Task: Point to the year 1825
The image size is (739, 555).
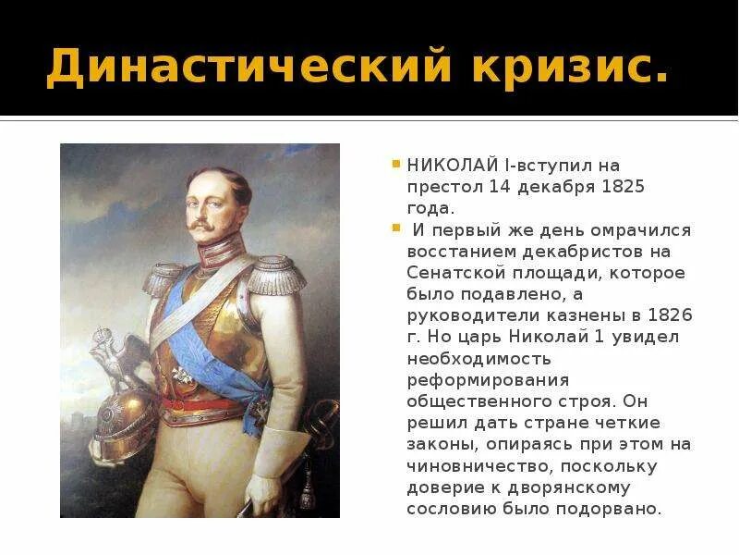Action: click(x=624, y=187)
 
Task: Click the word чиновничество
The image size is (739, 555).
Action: click(x=473, y=465)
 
